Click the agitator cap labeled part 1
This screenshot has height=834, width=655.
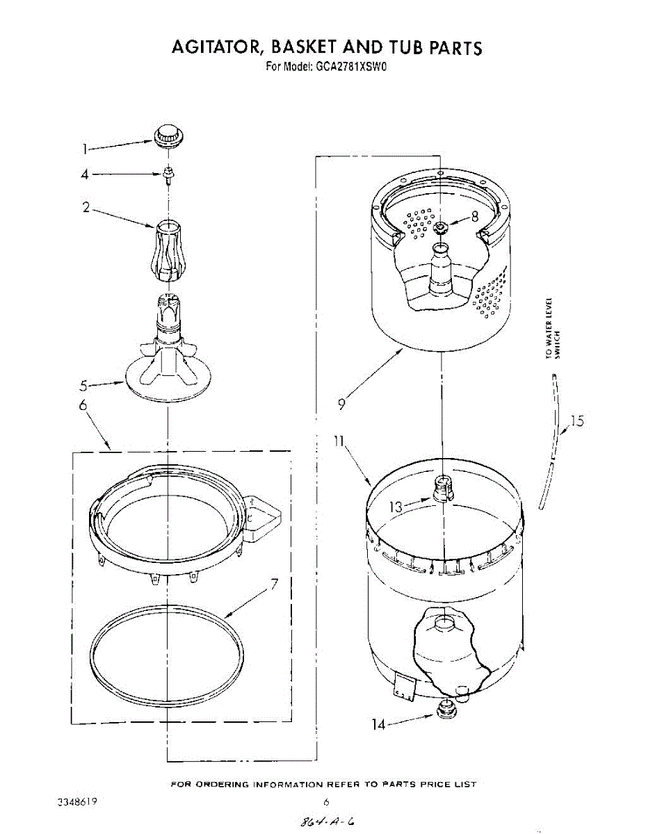tap(167, 136)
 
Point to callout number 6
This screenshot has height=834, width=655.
tap(83, 405)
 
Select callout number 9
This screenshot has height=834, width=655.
tap(342, 403)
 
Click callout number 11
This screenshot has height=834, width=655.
tap(338, 443)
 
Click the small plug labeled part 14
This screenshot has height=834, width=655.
tap(443, 709)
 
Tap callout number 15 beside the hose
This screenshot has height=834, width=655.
tap(576, 421)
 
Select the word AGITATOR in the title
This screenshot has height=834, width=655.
tap(216, 47)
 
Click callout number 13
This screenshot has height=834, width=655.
tap(395, 507)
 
